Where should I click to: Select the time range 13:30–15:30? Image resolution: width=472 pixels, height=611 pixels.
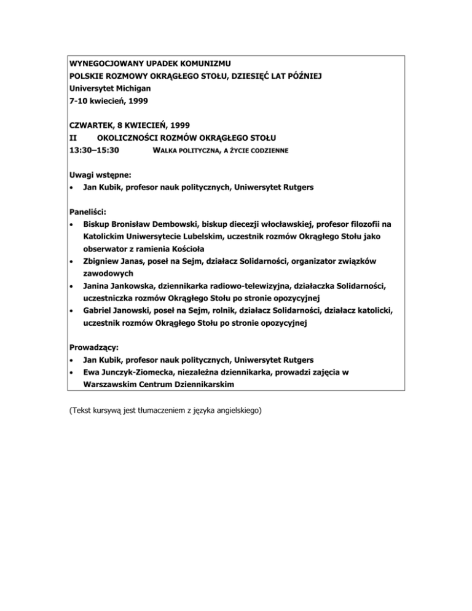click(x=95, y=150)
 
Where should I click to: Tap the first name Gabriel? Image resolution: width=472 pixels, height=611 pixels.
click(x=99, y=310)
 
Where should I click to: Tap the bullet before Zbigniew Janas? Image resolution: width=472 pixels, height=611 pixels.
click(x=73, y=262)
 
